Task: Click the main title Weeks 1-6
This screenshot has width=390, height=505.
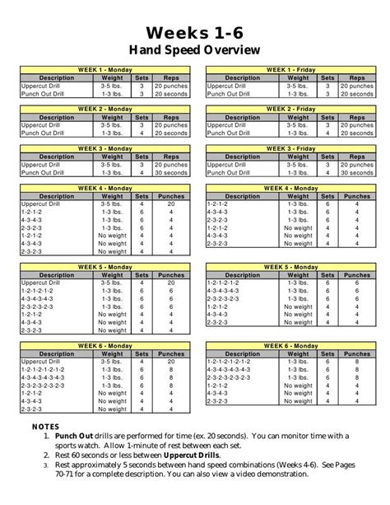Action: (194, 32)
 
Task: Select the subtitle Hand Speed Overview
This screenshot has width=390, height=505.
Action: (194, 50)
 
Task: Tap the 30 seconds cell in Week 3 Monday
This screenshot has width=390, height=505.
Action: (170, 173)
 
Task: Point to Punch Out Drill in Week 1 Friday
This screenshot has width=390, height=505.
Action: (228, 92)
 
